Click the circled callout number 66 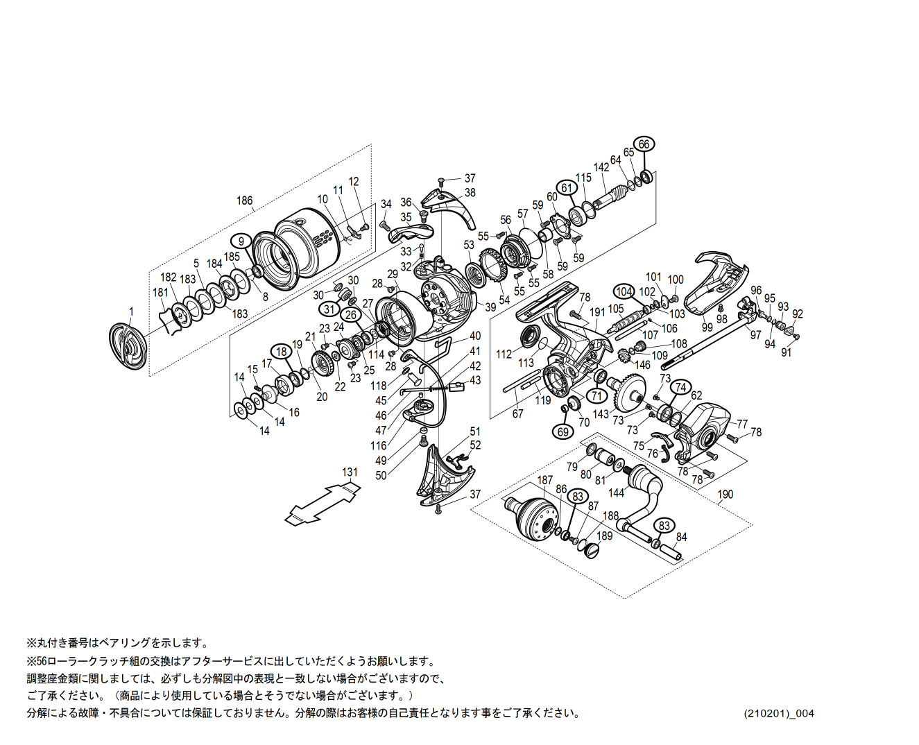point(644,144)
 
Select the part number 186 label point(244,200)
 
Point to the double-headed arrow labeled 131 point(323,503)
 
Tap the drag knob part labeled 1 point(129,345)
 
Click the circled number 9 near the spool point(241,241)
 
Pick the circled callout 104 point(624,292)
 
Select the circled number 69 point(563,432)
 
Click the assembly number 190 point(725,495)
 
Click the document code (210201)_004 point(780,713)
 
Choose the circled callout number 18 point(281,352)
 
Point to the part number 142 point(601,167)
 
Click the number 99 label point(707,327)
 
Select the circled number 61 point(567,188)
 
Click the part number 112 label point(504,354)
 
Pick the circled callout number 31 point(329,309)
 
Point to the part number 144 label point(616,493)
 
